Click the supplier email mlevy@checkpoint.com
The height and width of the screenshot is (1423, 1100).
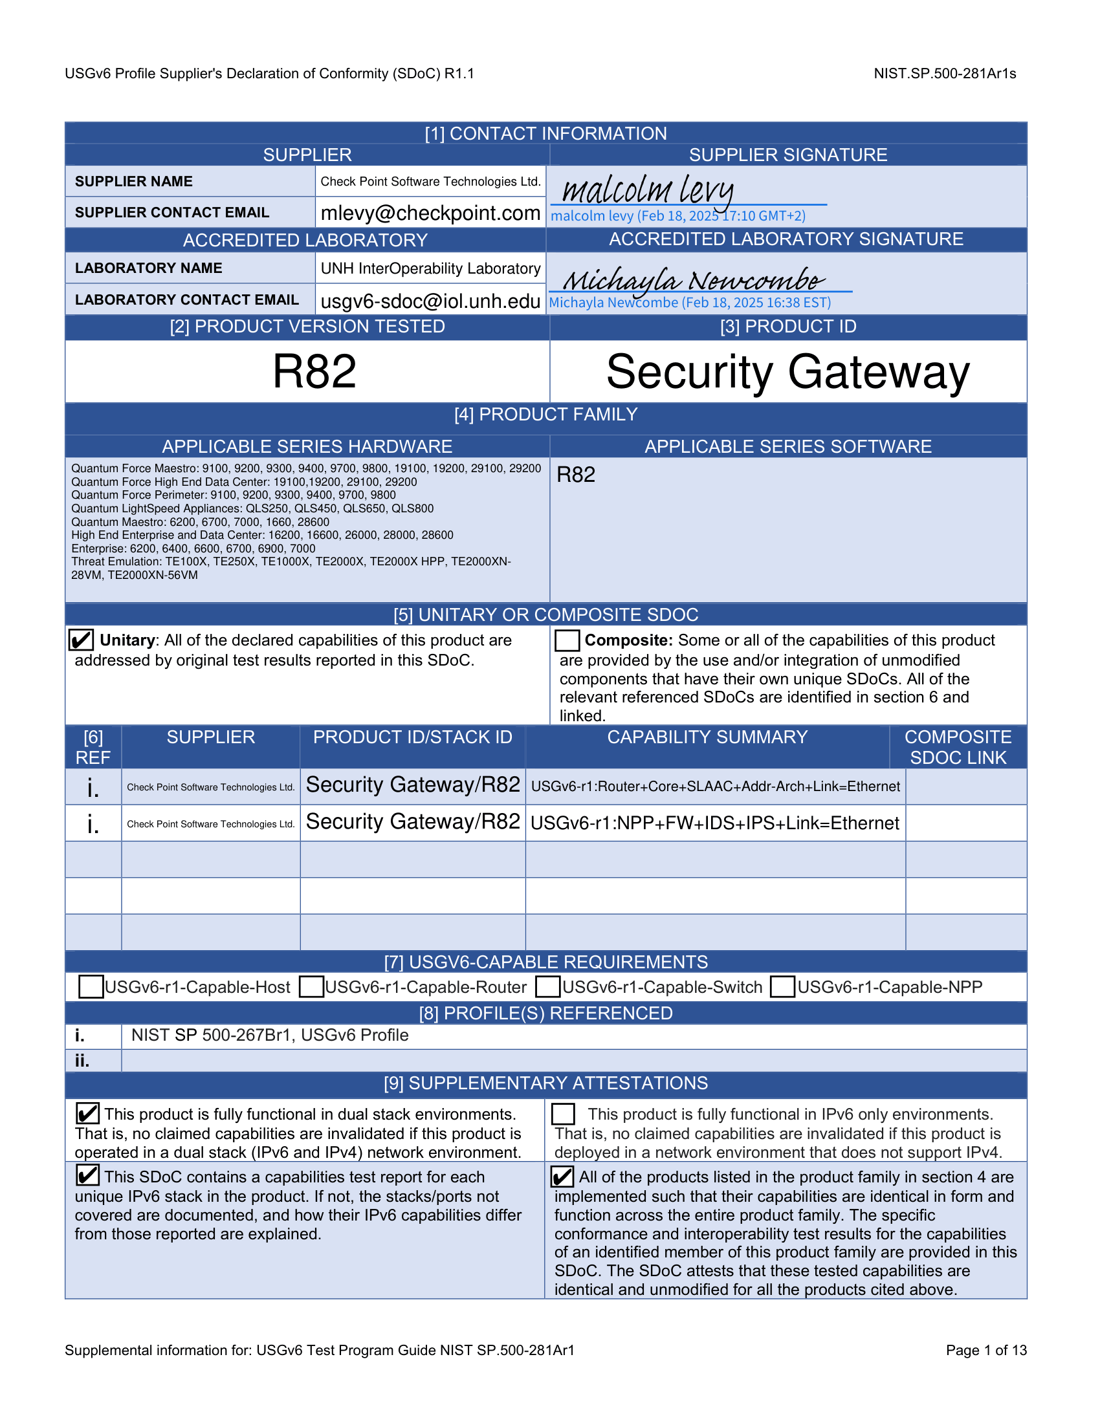[x=430, y=213]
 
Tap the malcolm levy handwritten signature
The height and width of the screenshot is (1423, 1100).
[x=648, y=190]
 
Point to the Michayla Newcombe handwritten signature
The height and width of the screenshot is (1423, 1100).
[x=694, y=280]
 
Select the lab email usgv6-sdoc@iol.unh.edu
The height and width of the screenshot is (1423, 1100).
[x=430, y=301]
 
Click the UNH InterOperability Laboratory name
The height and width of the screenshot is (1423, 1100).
[x=430, y=268]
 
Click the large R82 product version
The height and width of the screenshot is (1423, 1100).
[x=314, y=372]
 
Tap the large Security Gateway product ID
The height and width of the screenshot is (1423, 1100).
[x=787, y=372]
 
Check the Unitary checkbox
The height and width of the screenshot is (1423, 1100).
[x=82, y=640]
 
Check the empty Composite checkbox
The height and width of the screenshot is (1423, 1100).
[x=567, y=640]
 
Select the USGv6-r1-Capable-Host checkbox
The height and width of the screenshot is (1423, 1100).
[x=91, y=986]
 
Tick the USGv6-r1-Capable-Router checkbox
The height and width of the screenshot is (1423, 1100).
[x=311, y=986]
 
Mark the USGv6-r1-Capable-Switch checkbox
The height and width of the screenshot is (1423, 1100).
[x=548, y=986]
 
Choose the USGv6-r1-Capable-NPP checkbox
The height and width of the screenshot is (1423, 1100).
[x=782, y=986]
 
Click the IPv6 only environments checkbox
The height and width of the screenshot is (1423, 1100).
[x=563, y=1114]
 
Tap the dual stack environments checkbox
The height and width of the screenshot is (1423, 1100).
[x=87, y=1114]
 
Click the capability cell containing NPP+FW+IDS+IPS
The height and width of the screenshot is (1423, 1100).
[x=715, y=823]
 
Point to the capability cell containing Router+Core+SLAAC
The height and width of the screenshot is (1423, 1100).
[x=715, y=787]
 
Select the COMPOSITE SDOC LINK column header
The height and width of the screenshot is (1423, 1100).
[x=957, y=746]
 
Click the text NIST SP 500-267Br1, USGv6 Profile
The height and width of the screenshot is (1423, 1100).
[x=270, y=1036]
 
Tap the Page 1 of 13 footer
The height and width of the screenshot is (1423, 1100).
[x=986, y=1350]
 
